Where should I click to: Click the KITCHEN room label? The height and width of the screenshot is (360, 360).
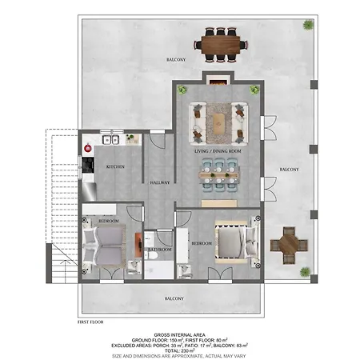pyautogui.click(x=115, y=166)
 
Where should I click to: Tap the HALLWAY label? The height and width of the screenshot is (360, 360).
pyautogui.click(x=159, y=182)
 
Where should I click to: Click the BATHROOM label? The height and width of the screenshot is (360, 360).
pyautogui.click(x=159, y=249)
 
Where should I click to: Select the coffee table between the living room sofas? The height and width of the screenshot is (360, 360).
pyautogui.click(x=217, y=118)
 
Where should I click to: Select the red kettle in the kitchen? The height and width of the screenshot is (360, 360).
pyautogui.click(x=88, y=147)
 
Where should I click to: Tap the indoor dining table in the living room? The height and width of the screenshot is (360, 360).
pyautogui.click(x=218, y=171)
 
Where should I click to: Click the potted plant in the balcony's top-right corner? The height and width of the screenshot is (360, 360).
pyautogui.click(x=307, y=25)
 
